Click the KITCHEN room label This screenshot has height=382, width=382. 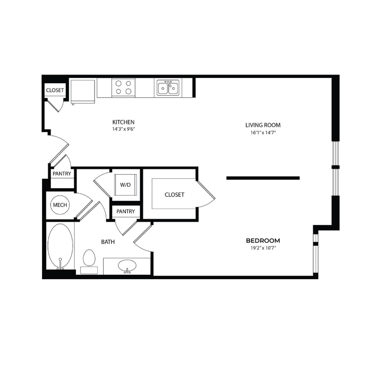point(124,122)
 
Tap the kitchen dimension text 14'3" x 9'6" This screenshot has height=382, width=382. point(124,129)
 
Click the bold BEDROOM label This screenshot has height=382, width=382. point(263,240)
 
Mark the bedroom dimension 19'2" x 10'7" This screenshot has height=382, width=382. point(263,248)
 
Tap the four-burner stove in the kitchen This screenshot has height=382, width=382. point(124,87)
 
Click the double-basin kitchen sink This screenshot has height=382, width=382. point(168,87)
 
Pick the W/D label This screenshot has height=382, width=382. point(125,185)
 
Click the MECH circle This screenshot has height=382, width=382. point(60,205)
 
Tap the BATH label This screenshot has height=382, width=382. point(108,242)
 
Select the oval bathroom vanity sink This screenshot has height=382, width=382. point(127,266)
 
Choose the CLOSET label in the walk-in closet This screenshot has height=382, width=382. point(174,195)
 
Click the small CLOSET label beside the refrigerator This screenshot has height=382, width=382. point(55,91)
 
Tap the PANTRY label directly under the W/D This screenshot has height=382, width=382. point(125,211)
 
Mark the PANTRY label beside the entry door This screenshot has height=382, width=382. point(62,173)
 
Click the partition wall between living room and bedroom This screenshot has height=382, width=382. point(263,178)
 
